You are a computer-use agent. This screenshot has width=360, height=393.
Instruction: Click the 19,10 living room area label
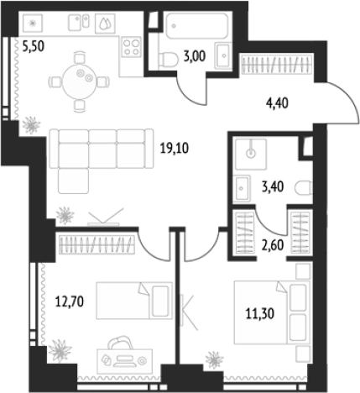pyautogui.click(x=175, y=148)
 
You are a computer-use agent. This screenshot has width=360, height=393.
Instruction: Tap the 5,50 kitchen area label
pyautogui.click(x=34, y=46)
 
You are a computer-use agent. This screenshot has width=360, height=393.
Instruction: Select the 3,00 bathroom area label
pyautogui.click(x=195, y=56)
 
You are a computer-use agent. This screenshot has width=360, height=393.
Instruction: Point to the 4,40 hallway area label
pyautogui.click(x=277, y=103)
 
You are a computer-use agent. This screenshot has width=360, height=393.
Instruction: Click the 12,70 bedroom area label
pyautogui.click(x=70, y=301)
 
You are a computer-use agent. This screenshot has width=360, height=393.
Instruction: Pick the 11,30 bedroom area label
pyautogui.click(x=260, y=313)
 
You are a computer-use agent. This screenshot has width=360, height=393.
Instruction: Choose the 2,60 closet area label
pyautogui.click(x=273, y=245)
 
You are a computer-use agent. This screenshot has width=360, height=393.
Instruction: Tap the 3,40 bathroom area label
pyautogui.click(x=273, y=186)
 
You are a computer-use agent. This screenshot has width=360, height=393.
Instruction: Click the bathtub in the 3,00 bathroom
pyautogui.click(x=196, y=26)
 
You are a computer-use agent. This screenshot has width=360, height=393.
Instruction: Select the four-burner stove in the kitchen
pyautogui.click(x=132, y=47)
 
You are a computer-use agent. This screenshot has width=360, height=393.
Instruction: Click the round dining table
pyautogui.click(x=80, y=81)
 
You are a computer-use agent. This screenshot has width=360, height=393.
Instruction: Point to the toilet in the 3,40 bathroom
pyautogui.click(x=304, y=188)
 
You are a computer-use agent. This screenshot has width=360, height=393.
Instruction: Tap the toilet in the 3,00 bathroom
pyautogui.click(x=168, y=60)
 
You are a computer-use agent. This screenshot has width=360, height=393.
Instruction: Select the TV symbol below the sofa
pyautogui.click(x=104, y=217)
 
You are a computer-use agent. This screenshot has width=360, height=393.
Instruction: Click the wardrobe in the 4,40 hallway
pyautogui.click(x=277, y=65)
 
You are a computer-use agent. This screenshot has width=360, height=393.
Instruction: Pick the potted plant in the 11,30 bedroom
pyautogui.click(x=214, y=359)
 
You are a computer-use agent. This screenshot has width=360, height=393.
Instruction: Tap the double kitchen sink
pyautogui.click(x=79, y=23)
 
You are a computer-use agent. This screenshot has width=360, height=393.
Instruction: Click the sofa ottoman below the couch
pyautogui.click(x=74, y=181)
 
